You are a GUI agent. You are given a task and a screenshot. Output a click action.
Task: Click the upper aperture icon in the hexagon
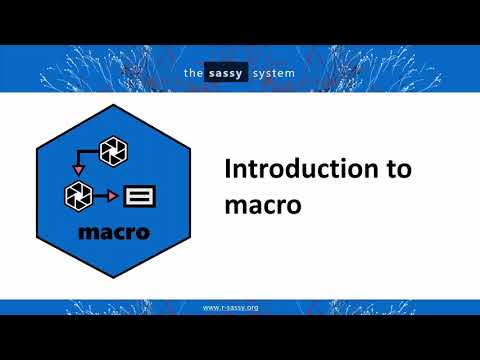[114, 151]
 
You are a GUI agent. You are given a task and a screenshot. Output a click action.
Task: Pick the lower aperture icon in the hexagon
[78, 194]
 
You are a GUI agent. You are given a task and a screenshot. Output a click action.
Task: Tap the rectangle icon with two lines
[139, 196]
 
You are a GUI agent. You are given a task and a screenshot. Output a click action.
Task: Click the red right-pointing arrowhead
[112, 195]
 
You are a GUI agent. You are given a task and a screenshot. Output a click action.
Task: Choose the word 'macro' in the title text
[256, 203]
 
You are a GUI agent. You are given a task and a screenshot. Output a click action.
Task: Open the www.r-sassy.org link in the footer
[231, 307]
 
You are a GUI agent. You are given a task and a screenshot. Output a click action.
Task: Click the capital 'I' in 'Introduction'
[226, 169]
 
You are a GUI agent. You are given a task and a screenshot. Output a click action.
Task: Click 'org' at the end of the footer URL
[252, 307]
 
